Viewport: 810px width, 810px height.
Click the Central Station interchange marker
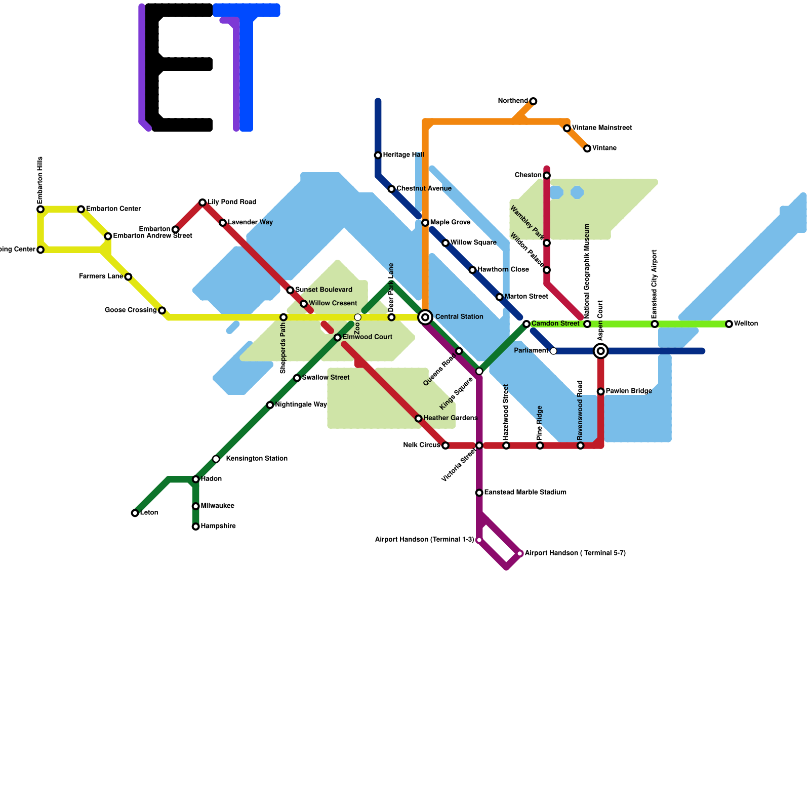pyautogui.click(x=425, y=317)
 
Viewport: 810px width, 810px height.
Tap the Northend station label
pyautogui.click(x=512, y=101)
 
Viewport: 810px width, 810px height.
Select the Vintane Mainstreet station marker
pyautogui.click(x=567, y=129)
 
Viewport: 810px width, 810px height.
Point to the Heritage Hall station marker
pyautogui.click(x=378, y=155)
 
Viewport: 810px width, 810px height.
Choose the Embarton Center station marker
pyautogui.click(x=81, y=209)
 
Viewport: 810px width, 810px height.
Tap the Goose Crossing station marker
pyautogui.click(x=162, y=310)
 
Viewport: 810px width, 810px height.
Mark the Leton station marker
pyautogui.click(x=135, y=513)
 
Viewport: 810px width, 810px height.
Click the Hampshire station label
pyautogui.click(x=218, y=526)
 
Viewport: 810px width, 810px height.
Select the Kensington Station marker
pyautogui.click(x=216, y=459)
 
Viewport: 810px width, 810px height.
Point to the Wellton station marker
pyautogui.click(x=729, y=324)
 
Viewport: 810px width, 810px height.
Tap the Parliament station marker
pyautogui.click(x=553, y=351)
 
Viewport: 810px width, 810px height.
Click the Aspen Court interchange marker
pyautogui.click(x=601, y=351)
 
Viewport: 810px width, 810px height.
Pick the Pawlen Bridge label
pyautogui.click(x=628, y=391)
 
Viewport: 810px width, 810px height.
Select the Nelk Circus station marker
pyautogui.click(x=445, y=445)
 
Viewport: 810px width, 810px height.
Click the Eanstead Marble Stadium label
pyautogui.click(x=525, y=493)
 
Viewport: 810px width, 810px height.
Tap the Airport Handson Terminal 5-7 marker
pyautogui.click(x=520, y=553)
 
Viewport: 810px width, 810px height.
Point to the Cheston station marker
pyautogui.click(x=547, y=176)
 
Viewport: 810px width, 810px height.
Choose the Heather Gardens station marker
pyautogui.click(x=419, y=419)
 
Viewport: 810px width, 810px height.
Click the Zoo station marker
pyautogui.click(x=358, y=317)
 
